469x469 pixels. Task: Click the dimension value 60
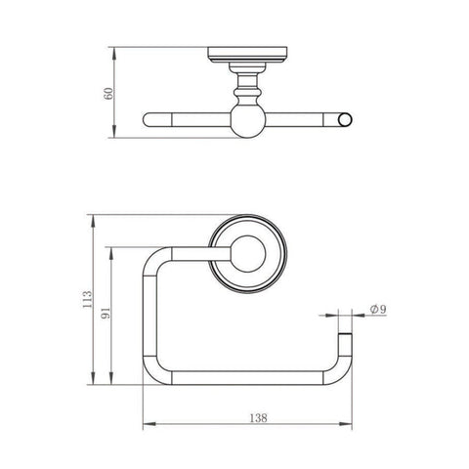pyautogui.click(x=109, y=94)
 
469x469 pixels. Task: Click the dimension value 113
pyautogui.click(x=87, y=299)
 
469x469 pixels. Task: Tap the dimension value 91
pyautogui.click(x=107, y=313)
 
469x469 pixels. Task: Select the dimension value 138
pyautogui.click(x=258, y=418)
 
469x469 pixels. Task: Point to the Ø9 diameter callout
pyautogui.click(x=378, y=309)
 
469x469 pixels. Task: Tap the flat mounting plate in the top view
pyautogui.click(x=247, y=55)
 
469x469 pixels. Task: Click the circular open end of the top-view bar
pyautogui.click(x=345, y=119)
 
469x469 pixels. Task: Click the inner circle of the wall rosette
pyautogui.click(x=248, y=254)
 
